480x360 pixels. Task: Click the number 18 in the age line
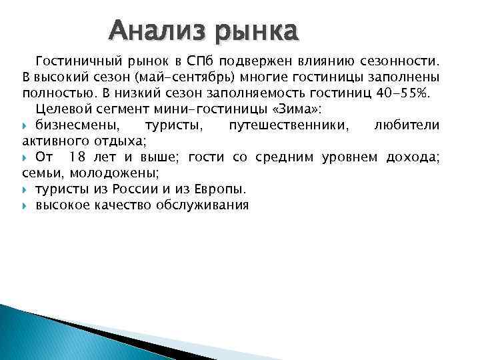(77, 157)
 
